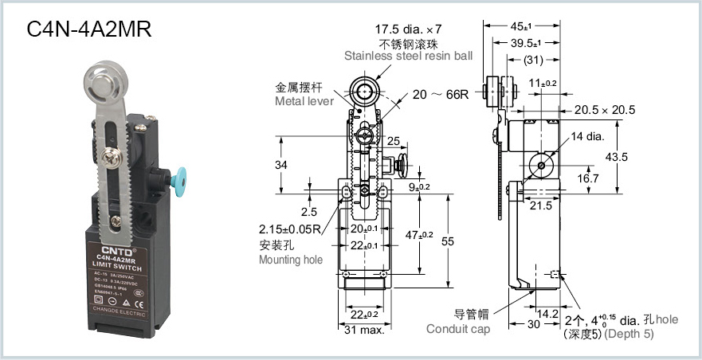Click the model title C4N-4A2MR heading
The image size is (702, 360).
click(89, 29)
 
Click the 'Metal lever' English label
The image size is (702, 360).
click(304, 102)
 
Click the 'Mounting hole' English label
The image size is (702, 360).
click(290, 260)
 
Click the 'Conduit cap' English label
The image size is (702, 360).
click(457, 329)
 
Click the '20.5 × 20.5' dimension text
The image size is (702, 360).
click(605, 110)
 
